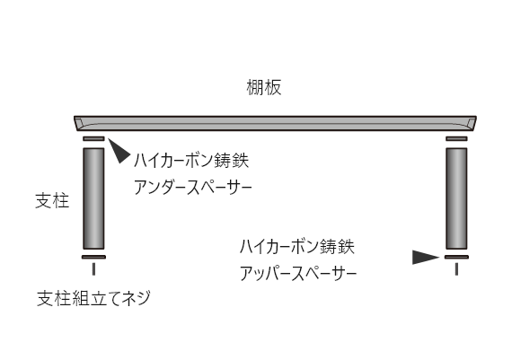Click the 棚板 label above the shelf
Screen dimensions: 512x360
coord(264,87)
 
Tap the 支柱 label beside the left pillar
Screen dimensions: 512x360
coord(52,200)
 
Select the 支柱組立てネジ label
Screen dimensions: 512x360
coord(93,298)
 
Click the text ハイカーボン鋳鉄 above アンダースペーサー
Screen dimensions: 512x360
coord(191,161)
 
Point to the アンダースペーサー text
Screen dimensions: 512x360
coord(192,188)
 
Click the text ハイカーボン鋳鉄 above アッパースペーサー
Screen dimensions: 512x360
coord(296,246)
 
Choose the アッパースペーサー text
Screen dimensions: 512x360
coord(298,273)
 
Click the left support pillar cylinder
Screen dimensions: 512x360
coord(93,198)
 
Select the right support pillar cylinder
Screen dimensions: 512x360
coord(456,198)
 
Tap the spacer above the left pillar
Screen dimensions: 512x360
coord(93,139)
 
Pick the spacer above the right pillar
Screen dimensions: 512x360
coord(456,139)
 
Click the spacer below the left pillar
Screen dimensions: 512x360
coord(93,257)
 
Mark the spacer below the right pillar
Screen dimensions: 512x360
coord(456,257)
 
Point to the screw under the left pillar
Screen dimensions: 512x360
coord(93,269)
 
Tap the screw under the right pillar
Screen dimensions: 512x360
coord(456,269)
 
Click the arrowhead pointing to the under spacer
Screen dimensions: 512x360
coord(119,151)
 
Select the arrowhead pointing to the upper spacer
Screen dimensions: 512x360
coord(426,257)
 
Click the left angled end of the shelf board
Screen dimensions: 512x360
coord(78,123)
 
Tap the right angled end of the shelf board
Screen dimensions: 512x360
coord(472,123)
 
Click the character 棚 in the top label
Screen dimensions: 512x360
coord(255,87)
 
